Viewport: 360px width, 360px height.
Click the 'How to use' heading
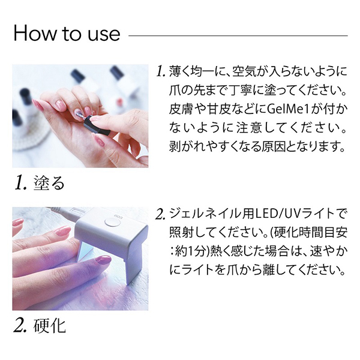tap(67, 33)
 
